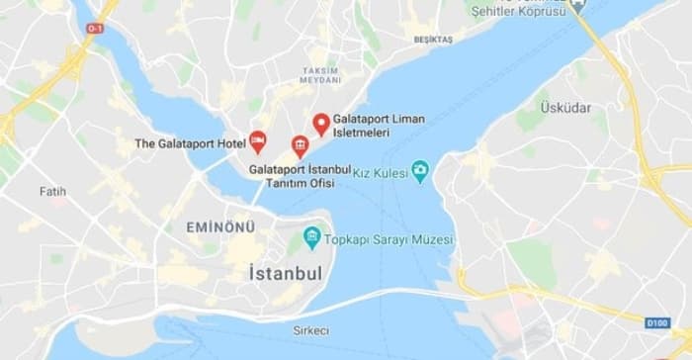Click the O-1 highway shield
pyautogui.click(x=95, y=29)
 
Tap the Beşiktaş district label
pyautogui.click(x=433, y=41)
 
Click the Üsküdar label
pyautogui.click(x=565, y=106)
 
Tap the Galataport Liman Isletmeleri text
pyautogui.click(x=379, y=126)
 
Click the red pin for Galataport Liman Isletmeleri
pyautogui.click(x=320, y=123)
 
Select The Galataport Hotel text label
pyautogui.click(x=190, y=144)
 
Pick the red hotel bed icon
pyautogui.click(x=257, y=141)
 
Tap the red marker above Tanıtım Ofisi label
pyautogui.click(x=299, y=147)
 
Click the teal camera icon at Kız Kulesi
pyautogui.click(x=420, y=170)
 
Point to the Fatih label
pyautogui.click(x=52, y=191)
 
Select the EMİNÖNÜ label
pyautogui.click(x=220, y=227)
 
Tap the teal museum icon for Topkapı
pyautogui.click(x=312, y=236)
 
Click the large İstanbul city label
pyautogui.click(x=286, y=272)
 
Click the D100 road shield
pyautogui.click(x=657, y=322)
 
